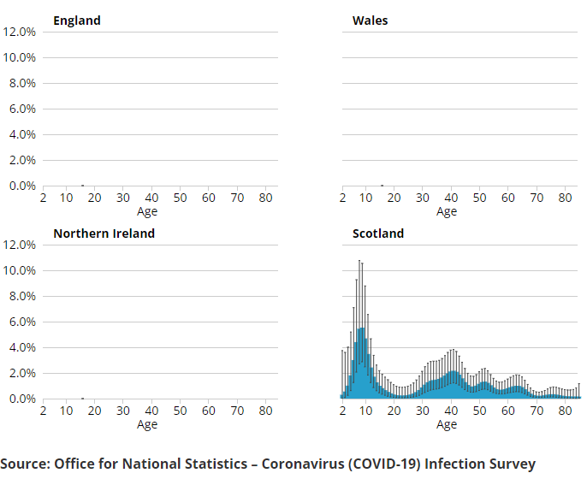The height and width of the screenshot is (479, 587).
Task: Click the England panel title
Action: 77,21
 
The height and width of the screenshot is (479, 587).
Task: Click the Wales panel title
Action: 370,21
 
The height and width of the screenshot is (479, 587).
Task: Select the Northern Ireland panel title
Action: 104,234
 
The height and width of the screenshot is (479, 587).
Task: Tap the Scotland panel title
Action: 378,234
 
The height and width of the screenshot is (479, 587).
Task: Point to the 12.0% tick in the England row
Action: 20,32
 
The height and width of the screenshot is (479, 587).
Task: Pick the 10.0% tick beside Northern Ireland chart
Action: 20,270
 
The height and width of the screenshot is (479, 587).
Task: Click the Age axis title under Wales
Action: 447,211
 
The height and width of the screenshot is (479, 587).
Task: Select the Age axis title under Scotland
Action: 447,424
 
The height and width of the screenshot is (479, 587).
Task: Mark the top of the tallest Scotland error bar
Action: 359,260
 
